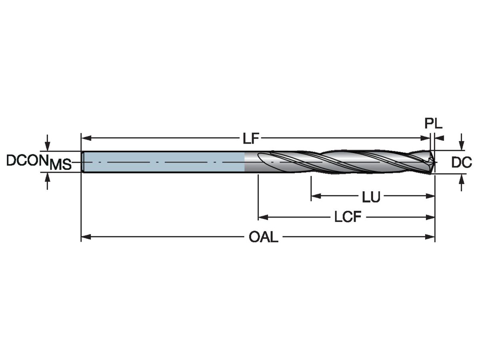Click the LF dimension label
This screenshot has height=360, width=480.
pos(251,139)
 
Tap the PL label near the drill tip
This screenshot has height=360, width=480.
pos(433,124)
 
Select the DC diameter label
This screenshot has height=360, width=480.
pos(462,162)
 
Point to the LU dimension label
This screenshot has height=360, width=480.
pos(371,197)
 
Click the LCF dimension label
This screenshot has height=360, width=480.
pos(348,218)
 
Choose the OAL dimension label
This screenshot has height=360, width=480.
pos(263,238)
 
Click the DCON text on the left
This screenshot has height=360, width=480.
pos(27,160)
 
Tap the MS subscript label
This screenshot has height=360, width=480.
pos(60,164)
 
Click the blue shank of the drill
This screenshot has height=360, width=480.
pos(164,162)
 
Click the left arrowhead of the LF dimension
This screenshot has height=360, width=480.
pos(85,138)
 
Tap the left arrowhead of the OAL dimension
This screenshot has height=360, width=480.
pos(85,237)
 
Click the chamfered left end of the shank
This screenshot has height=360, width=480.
pos(82,162)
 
